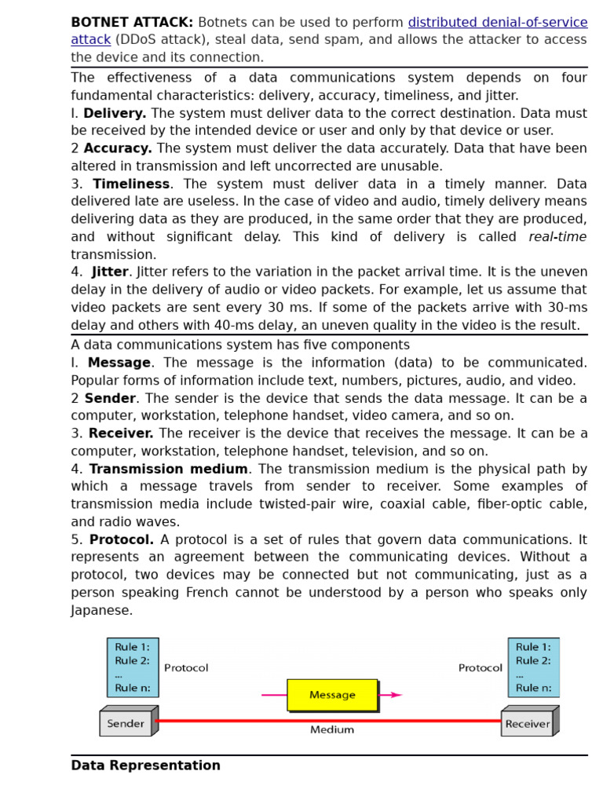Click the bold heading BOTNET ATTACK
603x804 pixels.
tap(131, 23)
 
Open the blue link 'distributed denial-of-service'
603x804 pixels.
tap(497, 23)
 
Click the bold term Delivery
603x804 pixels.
tap(115, 113)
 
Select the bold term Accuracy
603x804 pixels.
tap(118, 148)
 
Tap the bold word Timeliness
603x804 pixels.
tap(131, 184)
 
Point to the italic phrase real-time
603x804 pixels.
tap(557, 237)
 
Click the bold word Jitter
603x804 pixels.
tap(110, 272)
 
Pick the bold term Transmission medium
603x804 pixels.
tap(168, 469)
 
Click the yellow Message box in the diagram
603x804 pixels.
tap(332, 695)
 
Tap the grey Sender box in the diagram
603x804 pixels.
tap(126, 724)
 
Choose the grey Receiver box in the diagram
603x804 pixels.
tap(527, 724)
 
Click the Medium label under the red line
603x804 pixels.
tap(331, 730)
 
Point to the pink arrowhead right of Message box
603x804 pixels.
tap(396, 695)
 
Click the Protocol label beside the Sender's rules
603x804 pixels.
tap(186, 668)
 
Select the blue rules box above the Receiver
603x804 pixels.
tap(533, 667)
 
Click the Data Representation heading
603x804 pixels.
tap(145, 766)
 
